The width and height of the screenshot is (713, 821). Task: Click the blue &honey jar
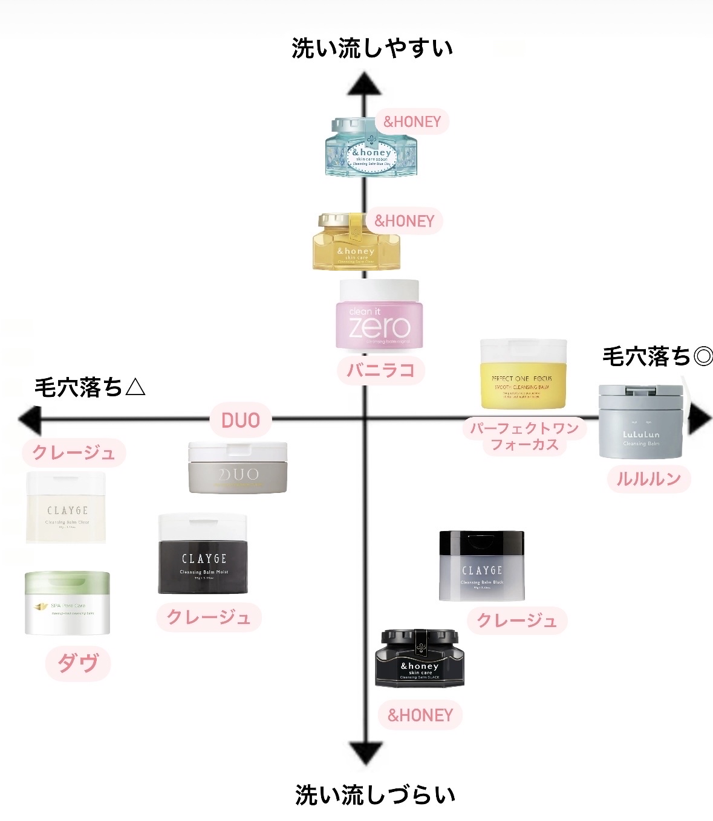371,148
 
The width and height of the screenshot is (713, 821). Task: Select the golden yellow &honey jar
356,242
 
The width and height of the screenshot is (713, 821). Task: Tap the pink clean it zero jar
379,315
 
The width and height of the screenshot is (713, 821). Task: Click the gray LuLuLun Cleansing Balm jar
641,422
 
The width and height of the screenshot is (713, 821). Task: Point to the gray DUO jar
238,468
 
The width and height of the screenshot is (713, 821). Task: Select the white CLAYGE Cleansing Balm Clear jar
67,508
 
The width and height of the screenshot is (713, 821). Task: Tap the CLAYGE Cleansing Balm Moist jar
203,554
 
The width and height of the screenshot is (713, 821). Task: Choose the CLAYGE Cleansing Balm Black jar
481,566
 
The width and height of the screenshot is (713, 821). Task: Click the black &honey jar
420,658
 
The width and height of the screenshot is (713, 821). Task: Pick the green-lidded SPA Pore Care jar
67,603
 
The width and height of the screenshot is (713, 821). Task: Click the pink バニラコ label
381,370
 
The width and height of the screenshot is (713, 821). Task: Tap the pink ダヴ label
78,663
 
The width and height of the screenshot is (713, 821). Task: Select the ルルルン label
648,479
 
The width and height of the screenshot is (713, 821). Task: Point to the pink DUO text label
241,420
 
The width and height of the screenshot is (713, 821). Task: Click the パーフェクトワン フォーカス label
525,436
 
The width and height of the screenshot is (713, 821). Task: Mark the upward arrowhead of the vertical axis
364,85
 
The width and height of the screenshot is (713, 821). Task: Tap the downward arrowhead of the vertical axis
365,753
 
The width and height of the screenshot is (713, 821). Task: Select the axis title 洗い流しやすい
372,48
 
